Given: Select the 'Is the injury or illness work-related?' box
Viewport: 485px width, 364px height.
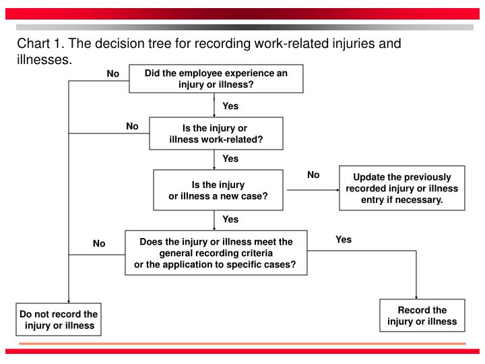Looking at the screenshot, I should tap(216, 133).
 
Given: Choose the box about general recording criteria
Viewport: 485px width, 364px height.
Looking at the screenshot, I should tap(216, 253).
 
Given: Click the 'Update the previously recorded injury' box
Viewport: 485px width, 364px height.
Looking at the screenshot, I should tap(401, 188).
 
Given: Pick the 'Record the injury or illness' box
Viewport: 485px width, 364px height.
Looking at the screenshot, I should tap(422, 315).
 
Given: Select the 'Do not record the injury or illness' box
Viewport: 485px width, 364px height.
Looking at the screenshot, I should tap(59, 320).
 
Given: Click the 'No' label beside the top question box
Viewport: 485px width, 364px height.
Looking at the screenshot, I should tap(113, 73).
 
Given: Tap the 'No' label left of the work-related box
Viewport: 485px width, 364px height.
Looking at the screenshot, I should tap(132, 126).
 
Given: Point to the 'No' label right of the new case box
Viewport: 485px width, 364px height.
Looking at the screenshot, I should tap(313, 175).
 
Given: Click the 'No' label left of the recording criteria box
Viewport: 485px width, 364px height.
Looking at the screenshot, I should tap(99, 243).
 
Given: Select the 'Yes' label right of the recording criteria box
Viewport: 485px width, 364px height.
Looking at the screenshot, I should tap(344, 239).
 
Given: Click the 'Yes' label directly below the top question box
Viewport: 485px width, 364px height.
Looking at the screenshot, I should tap(230, 106).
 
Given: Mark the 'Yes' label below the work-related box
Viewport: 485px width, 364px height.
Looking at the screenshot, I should tap(230, 158).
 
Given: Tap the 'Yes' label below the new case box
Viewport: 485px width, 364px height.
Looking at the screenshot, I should tap(230, 219).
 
